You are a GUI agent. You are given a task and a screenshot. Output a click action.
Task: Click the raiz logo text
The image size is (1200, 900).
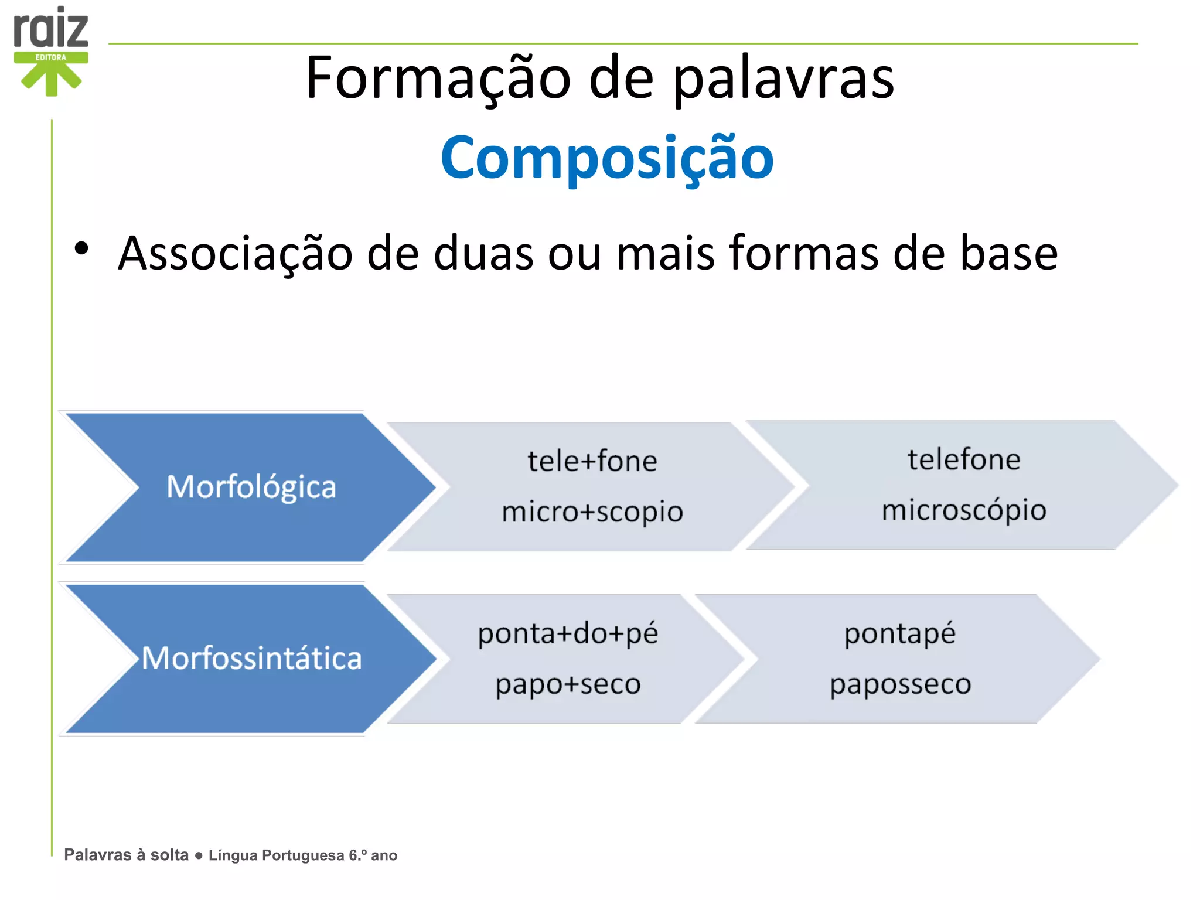coord(51,29)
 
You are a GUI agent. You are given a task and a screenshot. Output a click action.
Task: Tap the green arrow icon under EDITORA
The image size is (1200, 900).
coord(52,79)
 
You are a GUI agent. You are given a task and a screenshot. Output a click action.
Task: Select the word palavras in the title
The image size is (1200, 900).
coord(783,78)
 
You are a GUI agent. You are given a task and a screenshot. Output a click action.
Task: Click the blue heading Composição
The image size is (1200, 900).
coord(607,158)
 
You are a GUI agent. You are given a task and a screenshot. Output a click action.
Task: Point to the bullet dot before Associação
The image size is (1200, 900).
coord(81,248)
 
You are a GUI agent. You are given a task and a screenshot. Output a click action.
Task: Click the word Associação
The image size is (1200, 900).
coord(235,253)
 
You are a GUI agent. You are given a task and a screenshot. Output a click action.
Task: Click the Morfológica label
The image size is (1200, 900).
coord(251,487)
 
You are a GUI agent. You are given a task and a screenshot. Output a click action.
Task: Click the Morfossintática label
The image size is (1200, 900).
coord(251,658)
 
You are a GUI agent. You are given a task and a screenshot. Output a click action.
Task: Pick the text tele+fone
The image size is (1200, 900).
coord(592,461)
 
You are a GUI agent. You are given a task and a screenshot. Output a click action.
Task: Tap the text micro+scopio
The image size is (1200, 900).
coord(592,512)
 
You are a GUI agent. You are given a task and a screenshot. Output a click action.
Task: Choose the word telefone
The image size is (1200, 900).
coord(964,459)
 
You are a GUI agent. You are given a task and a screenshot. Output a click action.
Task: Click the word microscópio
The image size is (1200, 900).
coord(964,510)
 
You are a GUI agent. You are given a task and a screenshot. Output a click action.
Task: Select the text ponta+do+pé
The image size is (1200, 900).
coord(568,633)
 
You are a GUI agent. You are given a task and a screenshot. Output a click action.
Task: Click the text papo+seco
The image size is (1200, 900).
coord(568,684)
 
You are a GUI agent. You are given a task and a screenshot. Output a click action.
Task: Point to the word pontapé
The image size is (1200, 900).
coord(899,633)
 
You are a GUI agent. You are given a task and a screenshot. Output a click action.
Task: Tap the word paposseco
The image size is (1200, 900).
coord(900,684)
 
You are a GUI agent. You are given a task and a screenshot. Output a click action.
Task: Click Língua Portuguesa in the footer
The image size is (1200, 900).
coord(276,855)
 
